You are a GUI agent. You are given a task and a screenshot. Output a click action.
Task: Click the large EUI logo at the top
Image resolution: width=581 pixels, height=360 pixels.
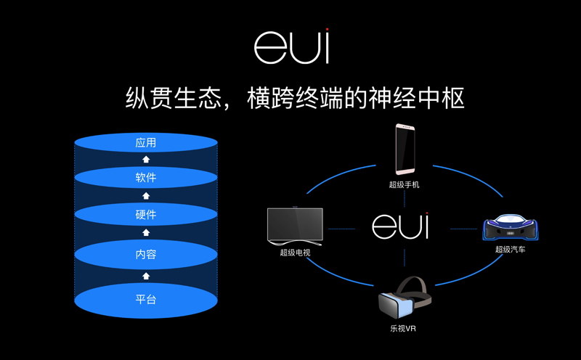click(x=291, y=46)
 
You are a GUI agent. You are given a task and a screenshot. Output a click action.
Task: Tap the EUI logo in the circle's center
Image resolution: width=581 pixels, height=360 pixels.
click(x=400, y=226)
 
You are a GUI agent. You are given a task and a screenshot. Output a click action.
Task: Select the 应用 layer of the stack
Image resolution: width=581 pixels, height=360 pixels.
click(x=146, y=143)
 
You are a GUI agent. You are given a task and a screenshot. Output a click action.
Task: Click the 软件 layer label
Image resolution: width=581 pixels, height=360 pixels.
click(x=146, y=178)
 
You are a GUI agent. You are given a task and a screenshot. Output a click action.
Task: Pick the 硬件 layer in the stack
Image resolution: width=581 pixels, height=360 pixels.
click(x=146, y=215)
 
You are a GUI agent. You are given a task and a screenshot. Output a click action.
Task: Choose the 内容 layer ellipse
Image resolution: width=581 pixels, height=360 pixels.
click(x=146, y=255)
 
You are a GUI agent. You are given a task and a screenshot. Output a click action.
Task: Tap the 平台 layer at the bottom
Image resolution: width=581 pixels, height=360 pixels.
click(x=146, y=299)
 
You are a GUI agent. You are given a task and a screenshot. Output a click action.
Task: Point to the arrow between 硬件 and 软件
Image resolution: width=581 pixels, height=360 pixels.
click(x=146, y=196)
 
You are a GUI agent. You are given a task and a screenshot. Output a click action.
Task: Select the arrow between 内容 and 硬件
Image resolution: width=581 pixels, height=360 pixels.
click(x=146, y=233)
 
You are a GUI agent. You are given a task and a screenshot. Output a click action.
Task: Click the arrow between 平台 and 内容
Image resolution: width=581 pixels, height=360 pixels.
click(x=146, y=276)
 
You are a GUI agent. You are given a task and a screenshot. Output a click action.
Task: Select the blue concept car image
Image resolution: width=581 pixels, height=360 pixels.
click(x=510, y=228)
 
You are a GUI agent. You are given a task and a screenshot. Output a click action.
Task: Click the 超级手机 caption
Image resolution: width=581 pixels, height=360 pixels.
click(x=404, y=185)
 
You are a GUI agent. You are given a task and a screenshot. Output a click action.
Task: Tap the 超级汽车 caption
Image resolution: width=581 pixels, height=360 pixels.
click(x=510, y=250)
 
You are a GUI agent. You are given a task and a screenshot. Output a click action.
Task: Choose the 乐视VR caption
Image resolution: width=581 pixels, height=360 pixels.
click(x=404, y=329)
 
